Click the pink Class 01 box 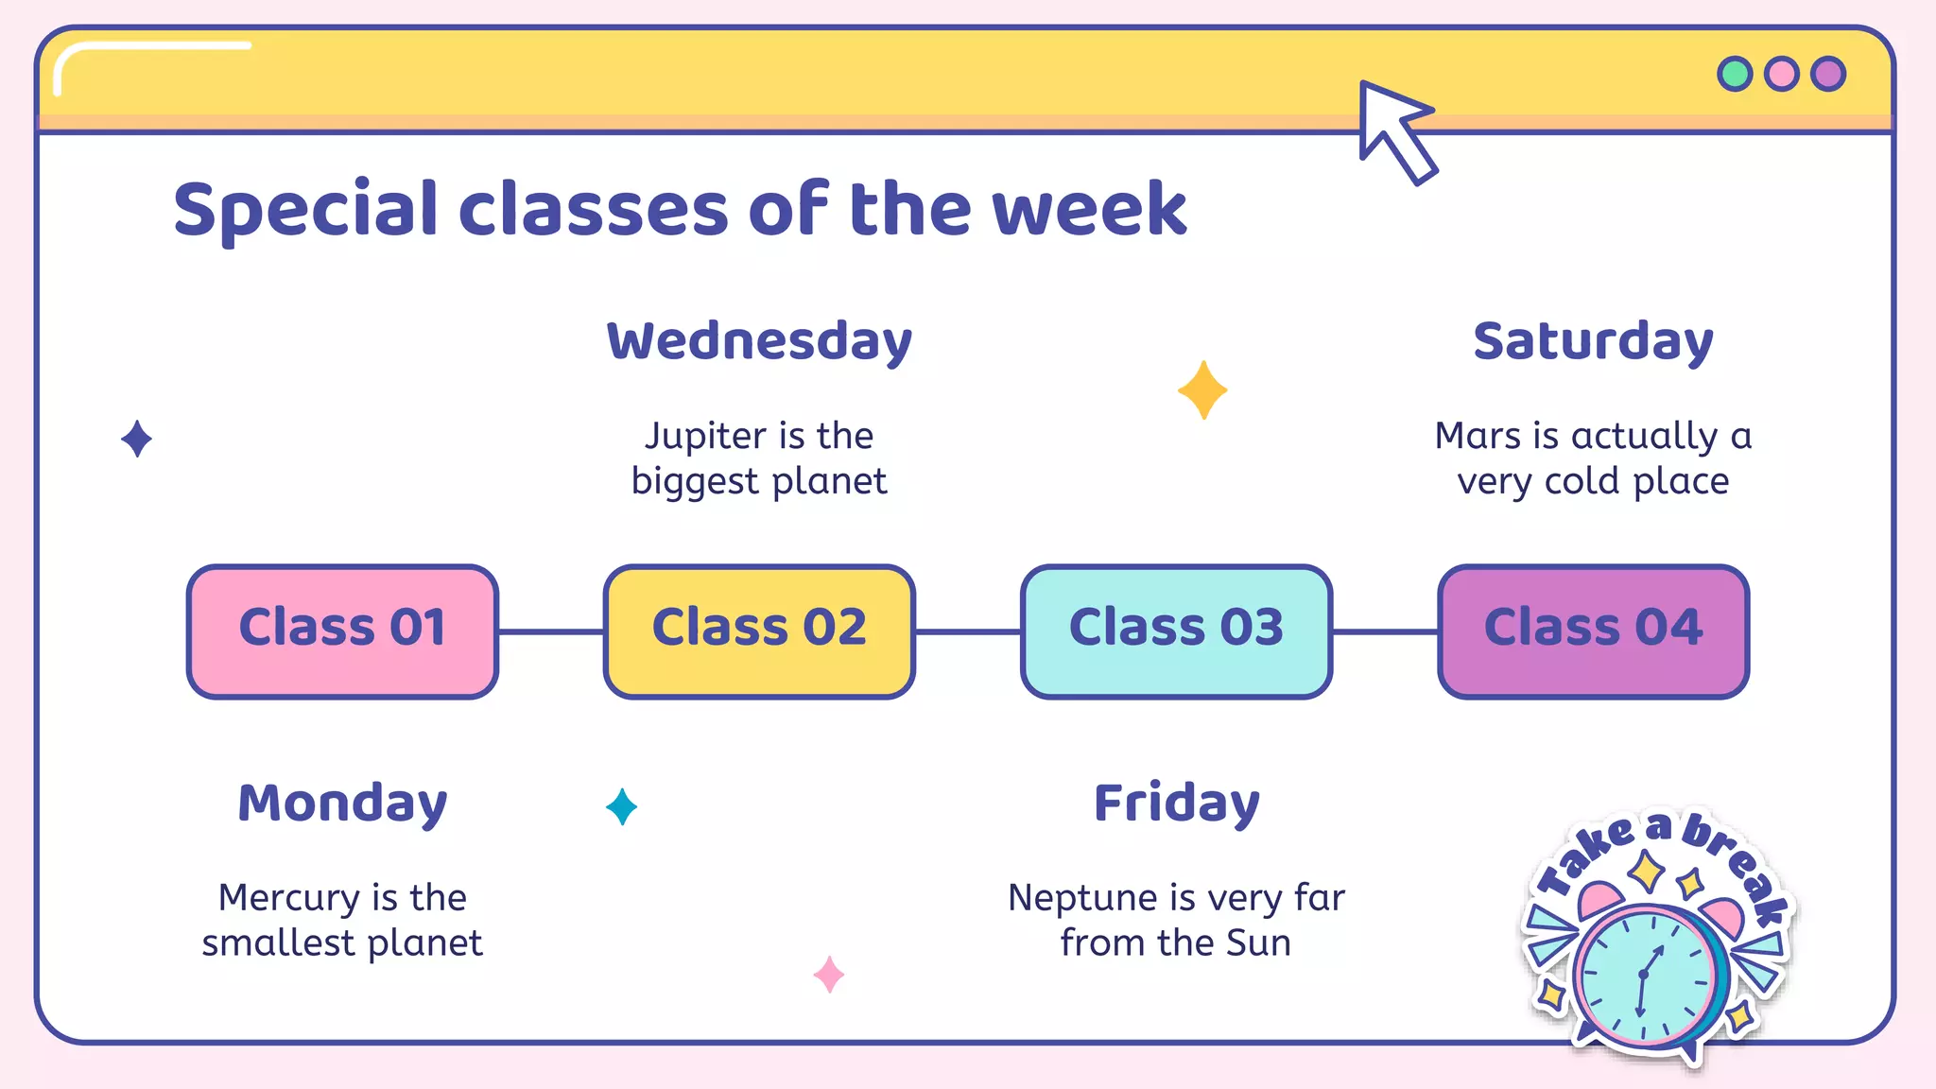342,631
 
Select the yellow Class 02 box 759,631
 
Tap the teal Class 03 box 1176,631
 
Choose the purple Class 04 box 1593,631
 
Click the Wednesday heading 759,341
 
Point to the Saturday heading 1593,341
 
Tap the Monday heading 342,804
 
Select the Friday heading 1176,804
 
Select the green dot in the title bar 1735,74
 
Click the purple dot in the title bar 1828,74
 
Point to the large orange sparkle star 1202,389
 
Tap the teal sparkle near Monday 621,806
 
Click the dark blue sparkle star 137,439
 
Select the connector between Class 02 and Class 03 968,631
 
